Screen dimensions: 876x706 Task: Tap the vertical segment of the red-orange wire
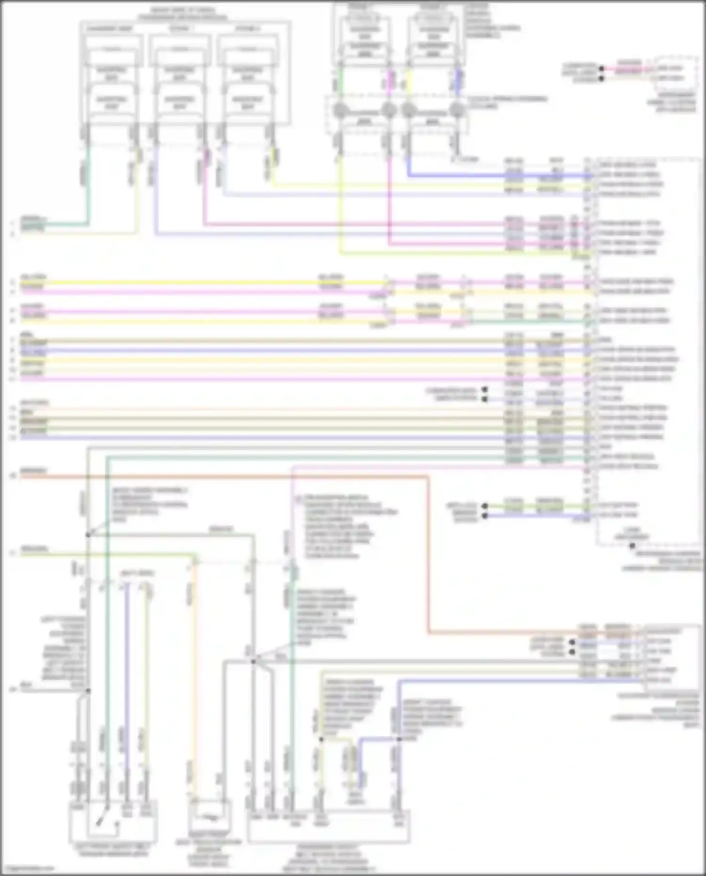click(x=428, y=555)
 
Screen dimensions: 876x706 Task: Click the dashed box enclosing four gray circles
click(x=398, y=114)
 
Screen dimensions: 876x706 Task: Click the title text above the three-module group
click(x=182, y=14)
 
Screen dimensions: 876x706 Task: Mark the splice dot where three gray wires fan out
click(x=253, y=661)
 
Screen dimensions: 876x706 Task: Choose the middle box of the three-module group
click(x=179, y=75)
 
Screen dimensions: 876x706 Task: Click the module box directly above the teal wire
click(x=112, y=75)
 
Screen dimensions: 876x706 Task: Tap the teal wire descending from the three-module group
click(x=88, y=188)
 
